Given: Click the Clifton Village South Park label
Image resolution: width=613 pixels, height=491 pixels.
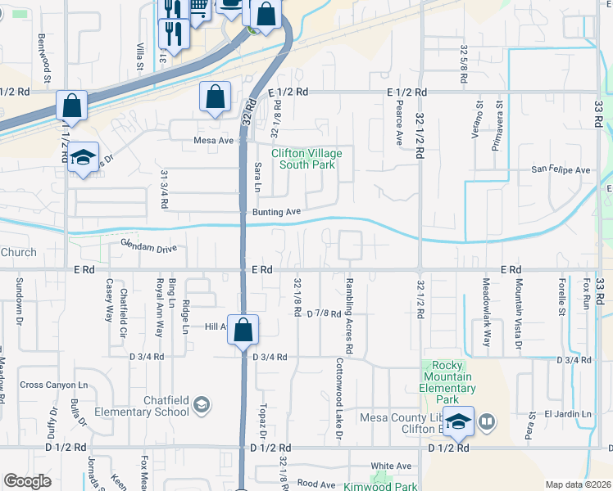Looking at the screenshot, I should click(307, 159).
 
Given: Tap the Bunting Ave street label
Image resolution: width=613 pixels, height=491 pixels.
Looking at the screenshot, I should click(275, 212).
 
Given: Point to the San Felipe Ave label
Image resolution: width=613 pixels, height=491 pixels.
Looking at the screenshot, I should click(561, 170).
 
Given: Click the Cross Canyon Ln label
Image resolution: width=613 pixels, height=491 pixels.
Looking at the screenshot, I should click(53, 385).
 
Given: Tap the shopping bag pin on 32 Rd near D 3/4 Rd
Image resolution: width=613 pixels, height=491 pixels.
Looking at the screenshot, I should click(243, 331).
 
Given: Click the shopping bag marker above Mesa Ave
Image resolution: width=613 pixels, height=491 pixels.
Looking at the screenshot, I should click(214, 97).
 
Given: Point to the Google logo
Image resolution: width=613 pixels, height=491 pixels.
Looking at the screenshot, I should click(28, 481).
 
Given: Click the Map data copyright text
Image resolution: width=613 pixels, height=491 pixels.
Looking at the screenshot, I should click(578, 484).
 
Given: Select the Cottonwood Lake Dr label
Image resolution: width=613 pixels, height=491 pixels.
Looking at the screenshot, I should click(338, 401).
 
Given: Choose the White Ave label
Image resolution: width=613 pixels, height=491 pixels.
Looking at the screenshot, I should click(390, 466).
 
